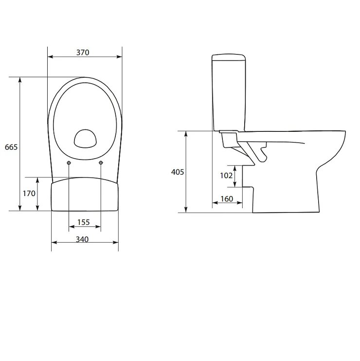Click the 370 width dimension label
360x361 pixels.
83,53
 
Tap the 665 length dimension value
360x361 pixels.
11,147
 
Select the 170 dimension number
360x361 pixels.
29,194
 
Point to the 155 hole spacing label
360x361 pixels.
83,222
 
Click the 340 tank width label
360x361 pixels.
82,239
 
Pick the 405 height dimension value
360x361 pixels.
178,172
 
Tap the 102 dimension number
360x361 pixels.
226,176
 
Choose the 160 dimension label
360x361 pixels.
227,199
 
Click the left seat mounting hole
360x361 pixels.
69,163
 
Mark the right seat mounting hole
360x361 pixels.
101,163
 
